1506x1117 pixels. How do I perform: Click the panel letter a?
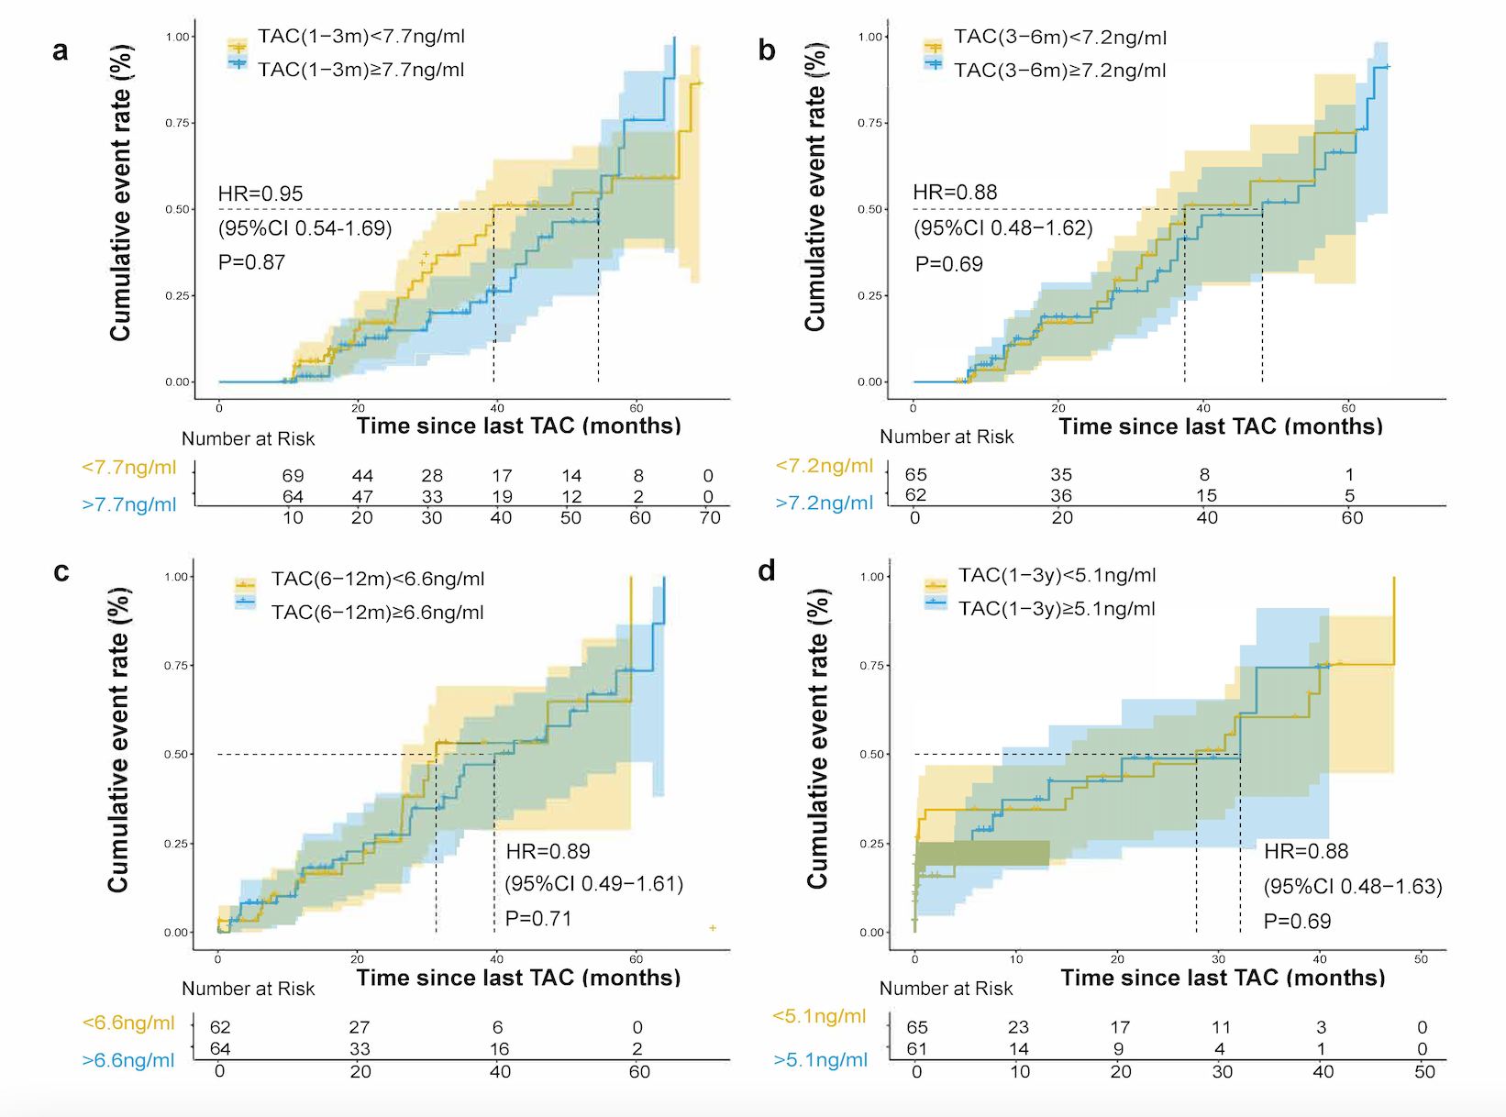[61, 50]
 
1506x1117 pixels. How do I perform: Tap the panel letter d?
[767, 571]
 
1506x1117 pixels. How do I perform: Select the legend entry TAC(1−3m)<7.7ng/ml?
[360, 37]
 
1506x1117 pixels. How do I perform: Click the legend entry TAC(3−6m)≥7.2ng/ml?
[1059, 71]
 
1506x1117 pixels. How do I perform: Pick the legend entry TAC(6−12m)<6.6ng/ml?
[377, 580]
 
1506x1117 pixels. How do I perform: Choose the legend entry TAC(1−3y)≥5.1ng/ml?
[1057, 609]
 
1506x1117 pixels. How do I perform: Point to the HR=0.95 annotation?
[260, 194]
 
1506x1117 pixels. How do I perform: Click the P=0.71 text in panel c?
[538, 919]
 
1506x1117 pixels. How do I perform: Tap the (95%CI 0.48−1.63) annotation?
[1353, 887]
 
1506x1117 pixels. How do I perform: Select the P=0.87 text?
[251, 262]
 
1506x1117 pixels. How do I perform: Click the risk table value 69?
[293, 476]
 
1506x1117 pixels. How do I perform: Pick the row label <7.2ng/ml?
[825, 466]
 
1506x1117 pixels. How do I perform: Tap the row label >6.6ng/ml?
[128, 1060]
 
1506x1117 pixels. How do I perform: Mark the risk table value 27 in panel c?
[360, 1027]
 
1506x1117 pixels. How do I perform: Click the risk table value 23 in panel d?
[1018, 1027]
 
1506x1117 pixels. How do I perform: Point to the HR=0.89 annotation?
[548, 851]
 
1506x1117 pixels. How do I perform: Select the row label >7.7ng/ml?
[129, 504]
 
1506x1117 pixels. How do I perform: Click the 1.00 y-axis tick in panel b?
[869, 37]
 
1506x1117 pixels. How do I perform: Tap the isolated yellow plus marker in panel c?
[713, 928]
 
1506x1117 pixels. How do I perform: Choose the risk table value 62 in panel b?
[915, 495]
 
